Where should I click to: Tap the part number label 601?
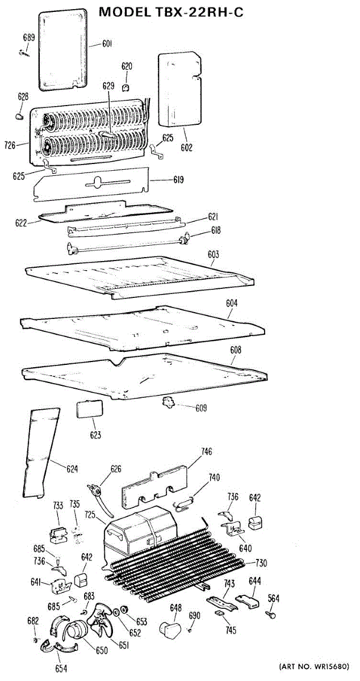pos(107,44)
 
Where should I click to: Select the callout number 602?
pos(187,148)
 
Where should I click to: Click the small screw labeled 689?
pos(23,53)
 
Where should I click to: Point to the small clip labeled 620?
pos(126,87)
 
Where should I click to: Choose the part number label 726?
pos(10,146)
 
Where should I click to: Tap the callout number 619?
pos(179,180)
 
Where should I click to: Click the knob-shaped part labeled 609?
pos(168,403)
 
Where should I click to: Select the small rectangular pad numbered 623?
pos(89,409)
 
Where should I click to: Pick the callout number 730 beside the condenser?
pos(261,564)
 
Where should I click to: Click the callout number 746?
pos(207,452)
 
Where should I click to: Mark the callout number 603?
pos(214,255)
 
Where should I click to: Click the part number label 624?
pos(72,469)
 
